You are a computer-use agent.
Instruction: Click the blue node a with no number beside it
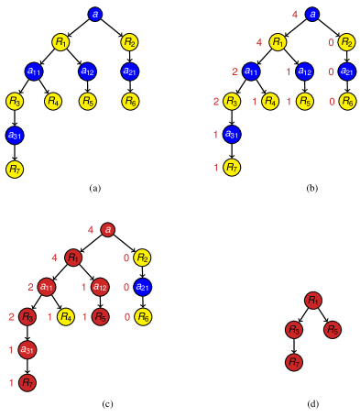click(95, 15)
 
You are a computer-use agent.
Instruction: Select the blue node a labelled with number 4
click(312, 15)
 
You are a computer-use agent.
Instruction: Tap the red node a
click(108, 230)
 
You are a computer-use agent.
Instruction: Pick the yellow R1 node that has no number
click(60, 42)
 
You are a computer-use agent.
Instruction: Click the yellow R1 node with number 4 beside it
click(278, 42)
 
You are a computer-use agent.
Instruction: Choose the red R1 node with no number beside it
click(313, 301)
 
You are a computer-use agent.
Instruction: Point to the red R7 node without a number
click(294, 362)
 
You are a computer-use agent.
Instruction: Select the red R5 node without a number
click(333, 330)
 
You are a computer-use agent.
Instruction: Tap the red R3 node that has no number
click(294, 330)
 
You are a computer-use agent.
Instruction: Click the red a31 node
click(27, 350)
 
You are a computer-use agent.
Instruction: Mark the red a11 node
click(47, 287)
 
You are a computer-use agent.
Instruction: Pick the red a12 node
click(101, 287)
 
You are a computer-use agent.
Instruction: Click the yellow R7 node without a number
click(15, 170)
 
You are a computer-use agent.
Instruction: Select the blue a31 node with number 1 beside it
click(232, 135)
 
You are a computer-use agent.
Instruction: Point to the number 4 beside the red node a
click(91, 230)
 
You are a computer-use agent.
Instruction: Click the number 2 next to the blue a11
click(235, 71)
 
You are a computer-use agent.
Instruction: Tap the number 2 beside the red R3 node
click(11, 317)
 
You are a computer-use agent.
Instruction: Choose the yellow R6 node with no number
click(130, 101)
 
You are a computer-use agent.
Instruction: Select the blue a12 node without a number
click(87, 71)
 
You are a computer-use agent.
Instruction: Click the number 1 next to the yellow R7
click(216, 168)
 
